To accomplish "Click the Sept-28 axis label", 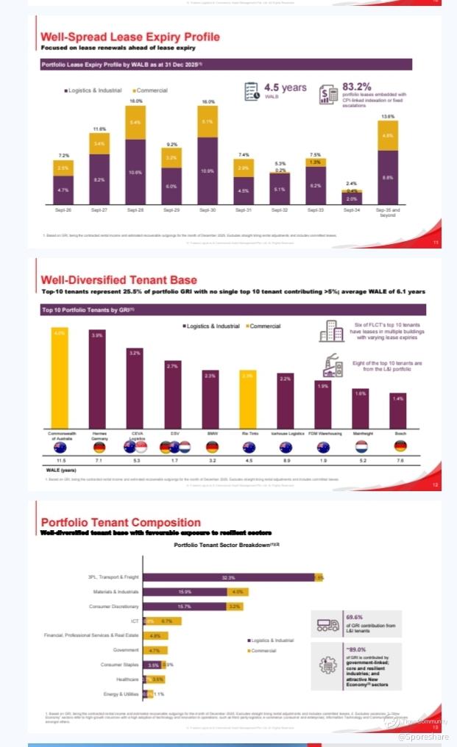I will click(135, 210).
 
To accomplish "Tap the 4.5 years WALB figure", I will click(286, 88).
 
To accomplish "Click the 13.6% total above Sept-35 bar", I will click(387, 117).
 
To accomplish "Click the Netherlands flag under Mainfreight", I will click(361, 447).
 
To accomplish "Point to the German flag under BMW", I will click(210, 447).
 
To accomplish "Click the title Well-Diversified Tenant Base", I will click(118, 279).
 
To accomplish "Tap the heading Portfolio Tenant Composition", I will click(121, 522).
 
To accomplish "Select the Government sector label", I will click(126, 650).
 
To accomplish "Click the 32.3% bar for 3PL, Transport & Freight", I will click(227, 577).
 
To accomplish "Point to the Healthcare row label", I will click(127, 679).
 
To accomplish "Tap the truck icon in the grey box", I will click(327, 623).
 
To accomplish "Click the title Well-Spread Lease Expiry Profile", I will click(130, 37).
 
